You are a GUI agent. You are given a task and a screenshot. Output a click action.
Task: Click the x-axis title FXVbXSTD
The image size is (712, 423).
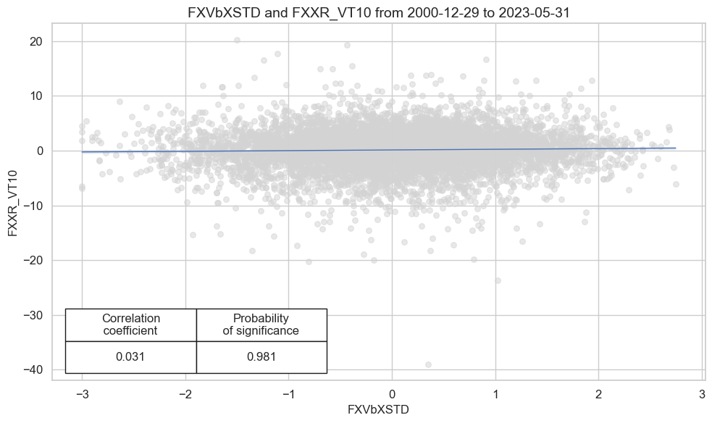tap(378, 410)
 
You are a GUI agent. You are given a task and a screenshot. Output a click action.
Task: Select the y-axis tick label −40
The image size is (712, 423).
tap(33, 370)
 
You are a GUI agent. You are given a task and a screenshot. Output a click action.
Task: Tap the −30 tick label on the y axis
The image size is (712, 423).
tap(33, 315)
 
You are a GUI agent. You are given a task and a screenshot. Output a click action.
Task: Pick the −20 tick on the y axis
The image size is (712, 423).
tap(33, 261)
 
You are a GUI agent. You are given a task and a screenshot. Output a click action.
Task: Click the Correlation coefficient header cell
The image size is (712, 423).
tap(131, 324)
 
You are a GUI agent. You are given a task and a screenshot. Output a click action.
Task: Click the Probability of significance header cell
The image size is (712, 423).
tap(261, 324)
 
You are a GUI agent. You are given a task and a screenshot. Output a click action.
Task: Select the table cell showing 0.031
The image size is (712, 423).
tap(131, 357)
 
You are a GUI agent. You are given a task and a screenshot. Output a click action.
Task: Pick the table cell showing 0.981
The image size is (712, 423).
tap(261, 357)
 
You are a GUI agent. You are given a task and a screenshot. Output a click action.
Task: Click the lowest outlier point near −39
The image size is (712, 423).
tap(428, 364)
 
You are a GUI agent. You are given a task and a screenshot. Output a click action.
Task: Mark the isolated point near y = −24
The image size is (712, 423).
tap(498, 280)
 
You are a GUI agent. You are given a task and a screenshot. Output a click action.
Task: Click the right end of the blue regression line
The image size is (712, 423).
tap(675, 148)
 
